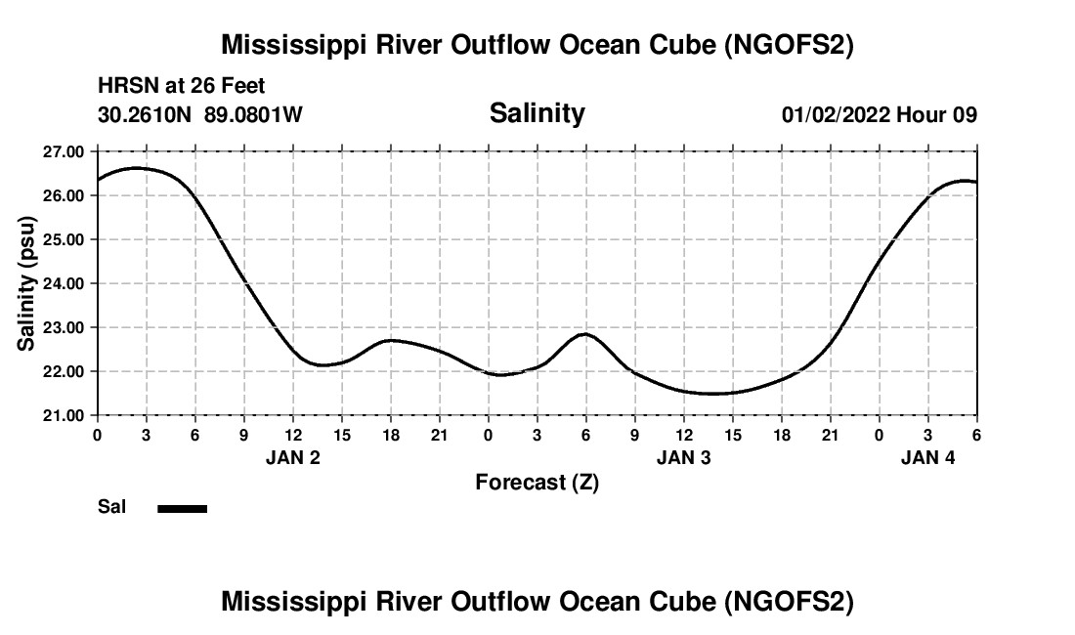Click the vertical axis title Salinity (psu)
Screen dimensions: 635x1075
[x=26, y=283]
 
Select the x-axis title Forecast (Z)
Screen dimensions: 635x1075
[x=537, y=482]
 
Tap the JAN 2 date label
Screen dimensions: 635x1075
[x=293, y=457]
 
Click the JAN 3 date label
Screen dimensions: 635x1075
[x=683, y=457]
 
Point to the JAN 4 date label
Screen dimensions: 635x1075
[x=927, y=457]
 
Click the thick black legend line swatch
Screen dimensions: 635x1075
[x=183, y=508]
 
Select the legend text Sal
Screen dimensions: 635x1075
[x=111, y=507]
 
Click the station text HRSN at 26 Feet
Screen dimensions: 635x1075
[x=182, y=87]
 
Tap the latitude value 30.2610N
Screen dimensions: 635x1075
[x=146, y=114]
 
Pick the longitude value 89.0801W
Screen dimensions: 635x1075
[x=254, y=114]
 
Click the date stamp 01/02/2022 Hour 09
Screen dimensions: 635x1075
[x=880, y=114]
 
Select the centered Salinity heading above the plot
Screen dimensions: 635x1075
[x=537, y=113]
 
